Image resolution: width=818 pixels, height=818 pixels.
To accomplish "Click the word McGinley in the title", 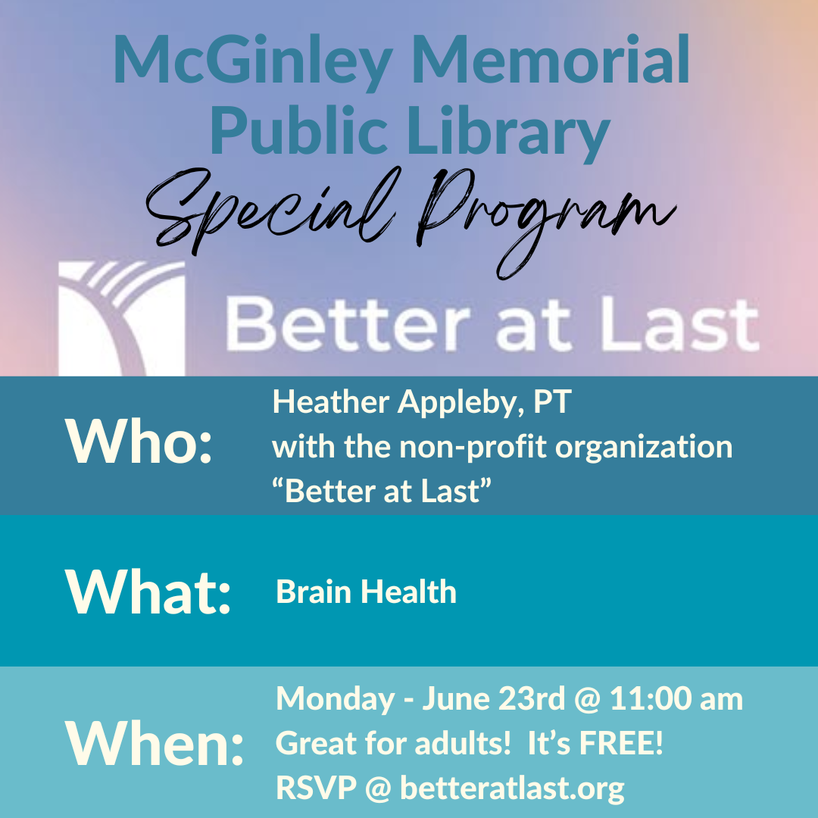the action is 253,62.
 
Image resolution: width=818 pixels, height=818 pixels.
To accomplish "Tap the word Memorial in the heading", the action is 551,58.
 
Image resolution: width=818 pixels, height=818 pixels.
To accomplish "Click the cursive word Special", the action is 271,211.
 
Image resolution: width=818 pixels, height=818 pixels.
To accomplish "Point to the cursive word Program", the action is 546,222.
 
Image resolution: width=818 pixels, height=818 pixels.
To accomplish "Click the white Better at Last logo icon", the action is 121,319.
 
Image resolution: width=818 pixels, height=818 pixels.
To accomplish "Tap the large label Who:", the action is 139,442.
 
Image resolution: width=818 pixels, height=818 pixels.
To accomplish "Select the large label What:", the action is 148,592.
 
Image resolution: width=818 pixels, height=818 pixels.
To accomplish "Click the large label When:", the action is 154,742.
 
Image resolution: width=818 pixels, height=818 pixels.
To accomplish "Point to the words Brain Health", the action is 367,592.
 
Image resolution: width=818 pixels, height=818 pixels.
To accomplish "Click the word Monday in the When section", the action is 335,700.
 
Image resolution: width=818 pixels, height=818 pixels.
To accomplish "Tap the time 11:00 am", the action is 676,698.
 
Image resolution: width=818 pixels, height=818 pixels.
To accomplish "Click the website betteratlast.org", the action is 512,788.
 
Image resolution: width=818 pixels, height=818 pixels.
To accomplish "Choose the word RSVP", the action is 316,788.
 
